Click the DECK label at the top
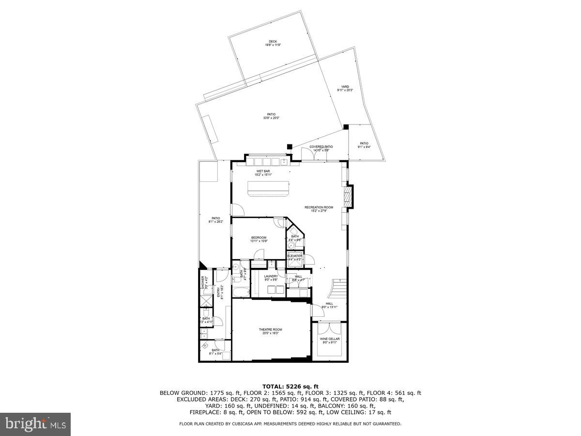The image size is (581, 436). point(273,42)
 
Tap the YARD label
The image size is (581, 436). point(345,87)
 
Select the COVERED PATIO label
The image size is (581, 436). point(321,146)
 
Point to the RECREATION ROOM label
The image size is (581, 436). point(319,207)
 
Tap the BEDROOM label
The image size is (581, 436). point(259,237)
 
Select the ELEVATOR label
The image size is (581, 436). point(295,256)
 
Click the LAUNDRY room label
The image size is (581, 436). point(271,276)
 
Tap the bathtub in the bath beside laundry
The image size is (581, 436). point(241,292)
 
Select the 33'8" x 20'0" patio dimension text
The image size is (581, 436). point(271,118)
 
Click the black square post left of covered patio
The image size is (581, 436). point(289,146)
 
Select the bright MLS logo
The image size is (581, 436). point(35,424)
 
